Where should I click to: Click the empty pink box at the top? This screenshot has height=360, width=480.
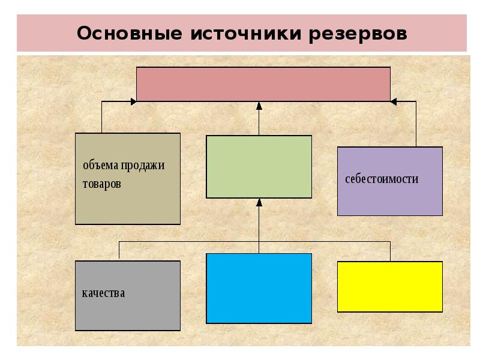point(263,83)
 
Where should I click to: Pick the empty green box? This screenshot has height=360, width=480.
point(259,166)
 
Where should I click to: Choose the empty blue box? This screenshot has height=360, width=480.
point(259,288)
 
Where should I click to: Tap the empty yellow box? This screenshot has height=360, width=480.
point(390,286)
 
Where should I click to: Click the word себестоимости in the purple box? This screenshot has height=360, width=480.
point(382,179)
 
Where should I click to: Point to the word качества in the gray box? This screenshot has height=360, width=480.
point(103,293)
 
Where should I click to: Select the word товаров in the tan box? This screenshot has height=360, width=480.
point(101,184)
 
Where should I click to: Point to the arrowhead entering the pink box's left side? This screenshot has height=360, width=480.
point(133,102)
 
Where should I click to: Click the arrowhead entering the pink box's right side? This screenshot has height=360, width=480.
point(394,102)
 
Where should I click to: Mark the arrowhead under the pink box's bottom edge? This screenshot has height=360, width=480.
point(259,106)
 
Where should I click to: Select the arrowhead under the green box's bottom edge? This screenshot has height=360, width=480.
point(259,203)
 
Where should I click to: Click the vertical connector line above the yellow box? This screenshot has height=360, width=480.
point(390,251)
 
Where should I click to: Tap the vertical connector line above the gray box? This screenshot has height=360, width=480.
point(119,250)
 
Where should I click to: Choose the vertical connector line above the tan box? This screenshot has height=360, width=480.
point(101,118)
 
